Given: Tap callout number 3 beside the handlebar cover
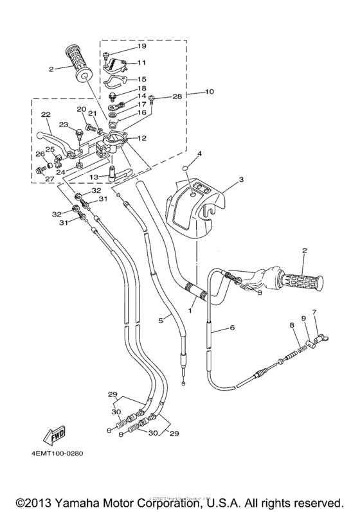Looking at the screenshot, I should [241, 181].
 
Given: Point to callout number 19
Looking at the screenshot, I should [141, 46].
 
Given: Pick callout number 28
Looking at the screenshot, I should [177, 96].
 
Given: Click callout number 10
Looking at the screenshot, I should [209, 92].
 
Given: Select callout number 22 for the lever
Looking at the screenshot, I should [46, 115].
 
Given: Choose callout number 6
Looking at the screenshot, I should [231, 328].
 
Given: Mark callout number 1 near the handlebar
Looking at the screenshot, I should [190, 310].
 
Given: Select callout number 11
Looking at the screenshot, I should [141, 63].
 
